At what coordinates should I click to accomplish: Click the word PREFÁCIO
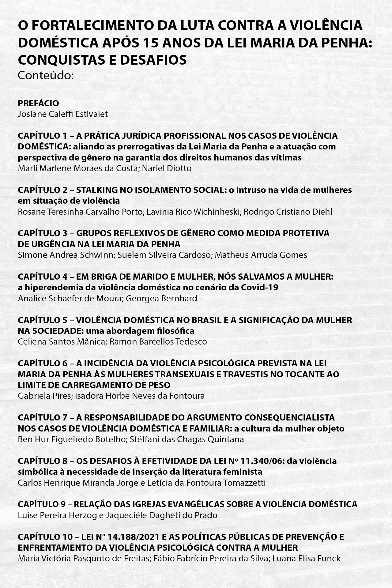pos(38,103)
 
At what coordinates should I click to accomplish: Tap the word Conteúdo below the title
pos(46,75)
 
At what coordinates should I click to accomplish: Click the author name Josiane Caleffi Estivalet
pos(63,114)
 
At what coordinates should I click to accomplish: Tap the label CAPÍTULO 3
pos(42,233)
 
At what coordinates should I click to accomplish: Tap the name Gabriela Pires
pos(44,396)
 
